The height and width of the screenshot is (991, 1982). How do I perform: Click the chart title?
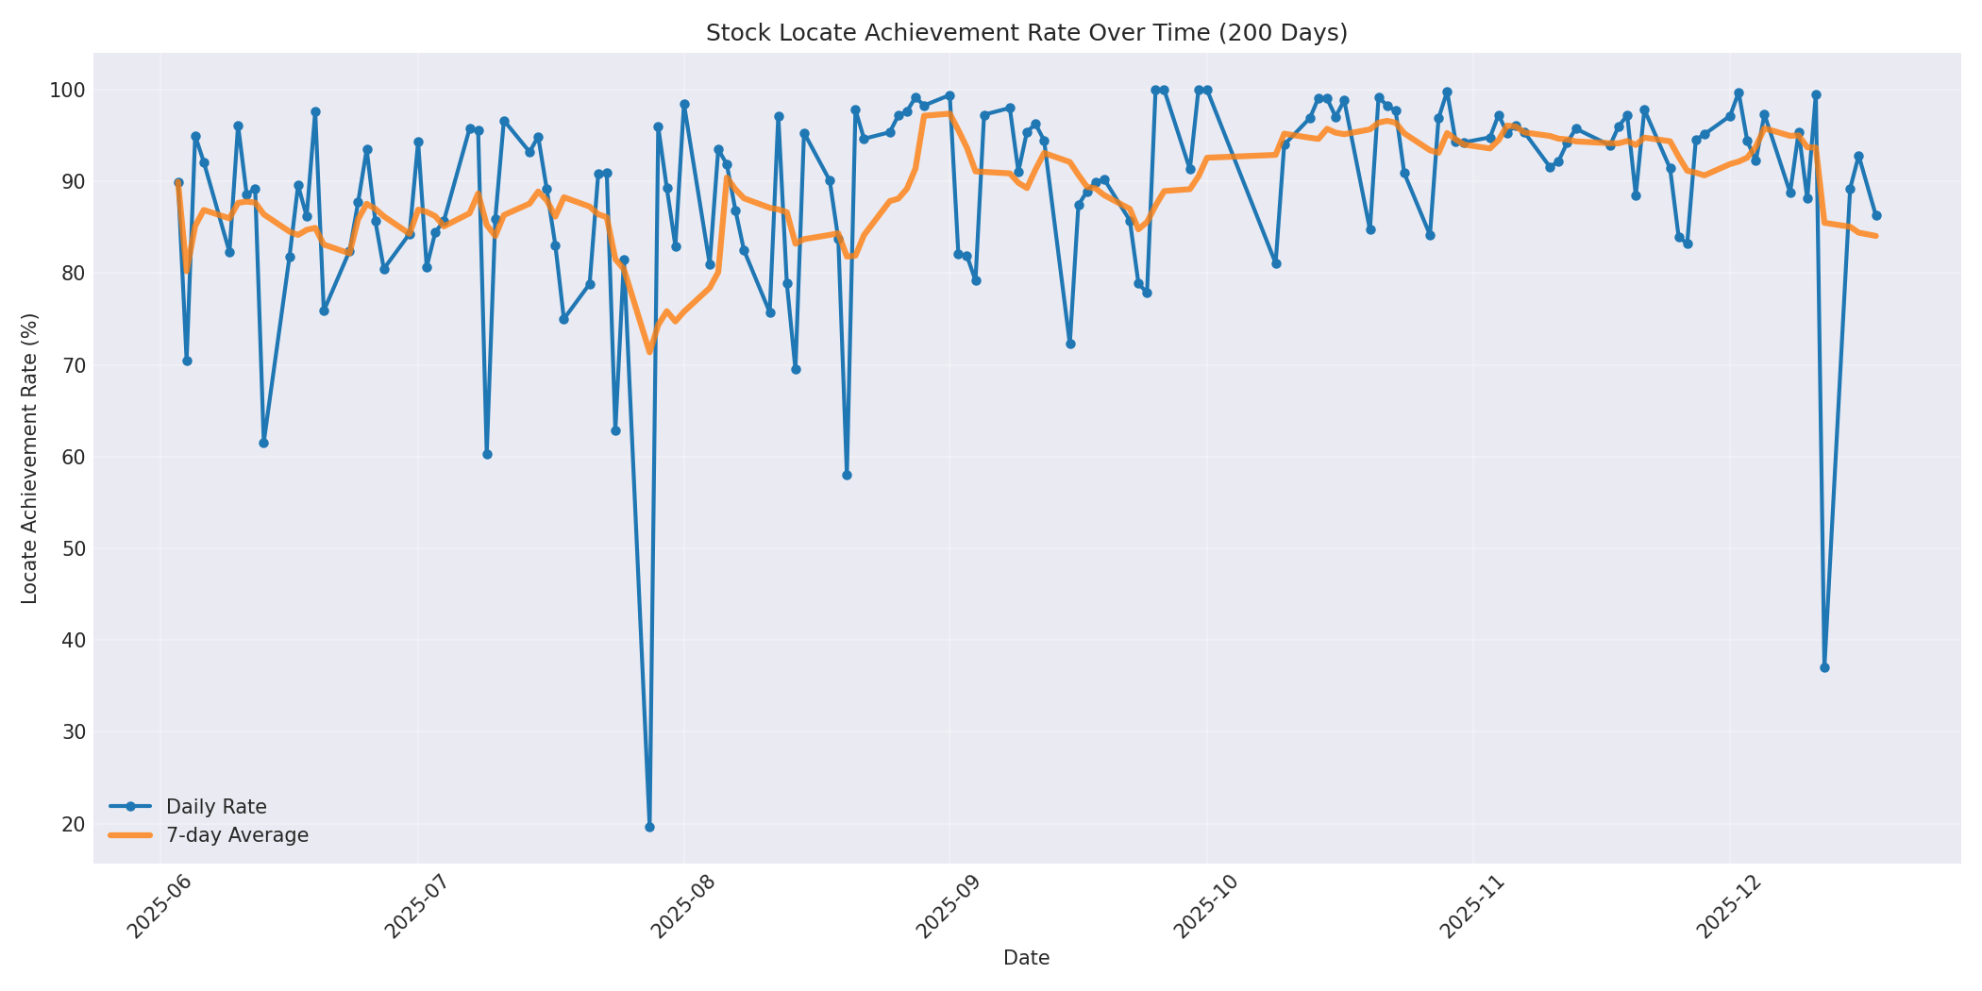1026,33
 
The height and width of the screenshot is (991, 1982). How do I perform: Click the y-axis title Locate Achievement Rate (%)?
29,458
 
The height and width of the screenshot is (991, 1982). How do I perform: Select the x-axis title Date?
1026,958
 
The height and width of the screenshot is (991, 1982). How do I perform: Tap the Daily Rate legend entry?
216,807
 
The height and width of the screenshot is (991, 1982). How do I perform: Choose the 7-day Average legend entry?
237,835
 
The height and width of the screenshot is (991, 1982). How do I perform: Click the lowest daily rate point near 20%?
649,827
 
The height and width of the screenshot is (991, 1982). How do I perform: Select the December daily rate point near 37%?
1824,667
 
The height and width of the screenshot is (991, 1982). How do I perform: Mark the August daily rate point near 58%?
847,475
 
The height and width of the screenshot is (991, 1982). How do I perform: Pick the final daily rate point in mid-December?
1876,215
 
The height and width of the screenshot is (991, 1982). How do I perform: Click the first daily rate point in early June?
178,183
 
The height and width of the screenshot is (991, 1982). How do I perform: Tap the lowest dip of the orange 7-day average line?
649,352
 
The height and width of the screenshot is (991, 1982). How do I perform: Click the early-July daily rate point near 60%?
487,454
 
